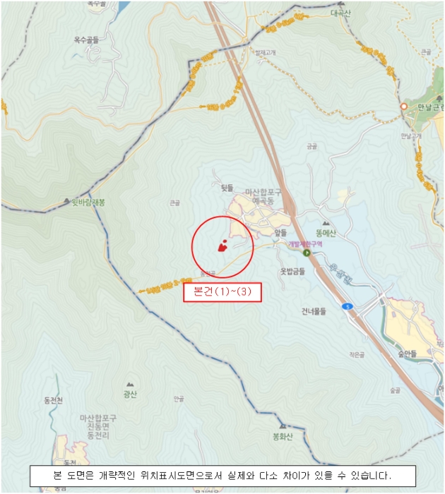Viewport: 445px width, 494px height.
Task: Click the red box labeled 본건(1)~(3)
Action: (x=222, y=292)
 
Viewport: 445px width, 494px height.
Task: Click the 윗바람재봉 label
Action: (x=88, y=202)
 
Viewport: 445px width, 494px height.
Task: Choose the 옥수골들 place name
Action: (x=86, y=40)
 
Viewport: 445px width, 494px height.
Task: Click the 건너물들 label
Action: (x=314, y=311)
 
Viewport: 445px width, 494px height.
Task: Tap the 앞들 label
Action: (x=280, y=231)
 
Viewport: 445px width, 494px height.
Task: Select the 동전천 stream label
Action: (x=54, y=401)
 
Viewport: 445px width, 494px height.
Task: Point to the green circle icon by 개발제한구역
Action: (x=307, y=253)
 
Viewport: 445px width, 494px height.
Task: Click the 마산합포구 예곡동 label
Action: (x=264, y=196)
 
